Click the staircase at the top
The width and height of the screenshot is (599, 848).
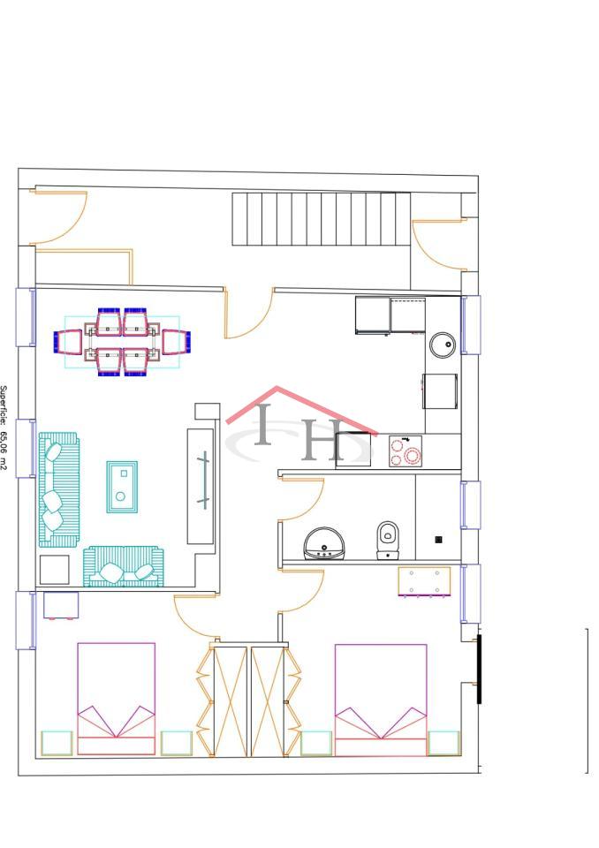pyautogui.click(x=322, y=219)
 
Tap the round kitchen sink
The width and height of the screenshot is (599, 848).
pyautogui.click(x=443, y=344)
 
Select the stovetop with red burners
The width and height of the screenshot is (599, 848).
pyautogui.click(x=406, y=451)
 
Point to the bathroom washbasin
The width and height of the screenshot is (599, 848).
pyautogui.click(x=323, y=543)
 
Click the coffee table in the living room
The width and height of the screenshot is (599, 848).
pyautogui.click(x=122, y=487)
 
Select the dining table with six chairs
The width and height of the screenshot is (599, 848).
pyautogui.click(x=122, y=342)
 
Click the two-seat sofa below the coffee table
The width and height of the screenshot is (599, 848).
pyautogui.click(x=124, y=566)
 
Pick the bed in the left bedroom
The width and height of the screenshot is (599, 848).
pyautogui.click(x=117, y=699)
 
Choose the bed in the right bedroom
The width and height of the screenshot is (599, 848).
pyautogui.click(x=381, y=700)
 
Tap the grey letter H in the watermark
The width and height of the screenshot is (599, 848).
pyautogui.click(x=322, y=440)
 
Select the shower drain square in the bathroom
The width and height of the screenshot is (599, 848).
pyautogui.click(x=439, y=539)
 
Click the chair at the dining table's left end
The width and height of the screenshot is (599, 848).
pyautogui.click(x=68, y=342)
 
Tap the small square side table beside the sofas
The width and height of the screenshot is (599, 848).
pyautogui.click(x=55, y=570)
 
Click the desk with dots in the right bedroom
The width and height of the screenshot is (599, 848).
pyautogui.click(x=425, y=581)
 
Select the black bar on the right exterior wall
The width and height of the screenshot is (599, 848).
pyautogui.click(x=479, y=670)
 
